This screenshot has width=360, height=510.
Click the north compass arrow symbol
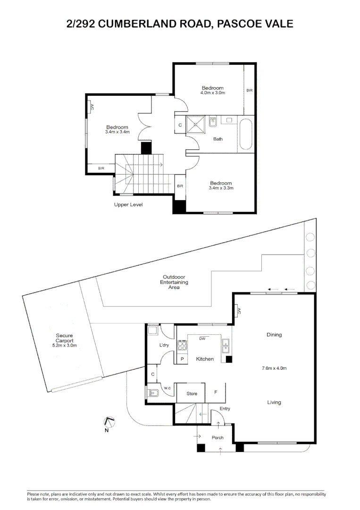(109, 422)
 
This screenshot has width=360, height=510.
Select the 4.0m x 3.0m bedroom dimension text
(213, 93)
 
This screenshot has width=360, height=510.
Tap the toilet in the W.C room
(153, 393)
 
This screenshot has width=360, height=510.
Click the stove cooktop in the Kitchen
(182, 346)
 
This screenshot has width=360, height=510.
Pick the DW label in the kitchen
(202, 339)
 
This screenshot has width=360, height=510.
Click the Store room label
(192, 393)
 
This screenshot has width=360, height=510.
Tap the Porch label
(218, 438)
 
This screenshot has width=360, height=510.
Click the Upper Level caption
(128, 204)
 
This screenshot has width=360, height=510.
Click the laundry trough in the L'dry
(153, 330)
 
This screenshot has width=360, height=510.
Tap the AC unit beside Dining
(238, 311)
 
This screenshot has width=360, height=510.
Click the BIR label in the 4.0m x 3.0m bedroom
(250, 90)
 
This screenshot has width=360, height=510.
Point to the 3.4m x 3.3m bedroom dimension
(221, 188)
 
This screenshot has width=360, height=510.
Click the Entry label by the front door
(225, 408)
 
